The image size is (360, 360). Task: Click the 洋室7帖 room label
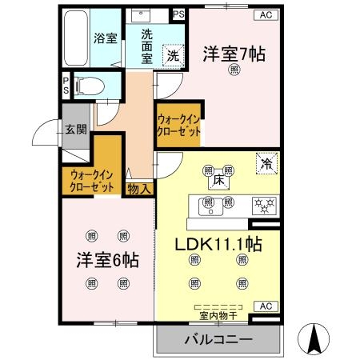tap(234, 54)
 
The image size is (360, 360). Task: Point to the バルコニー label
tap(218, 339)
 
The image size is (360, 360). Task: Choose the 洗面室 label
tap(151, 46)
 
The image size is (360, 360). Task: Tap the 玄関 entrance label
tap(76, 129)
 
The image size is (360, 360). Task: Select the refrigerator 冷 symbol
tap(266, 162)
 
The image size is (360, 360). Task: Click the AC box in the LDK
tap(266, 307)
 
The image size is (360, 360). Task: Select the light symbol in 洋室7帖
tap(234, 71)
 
